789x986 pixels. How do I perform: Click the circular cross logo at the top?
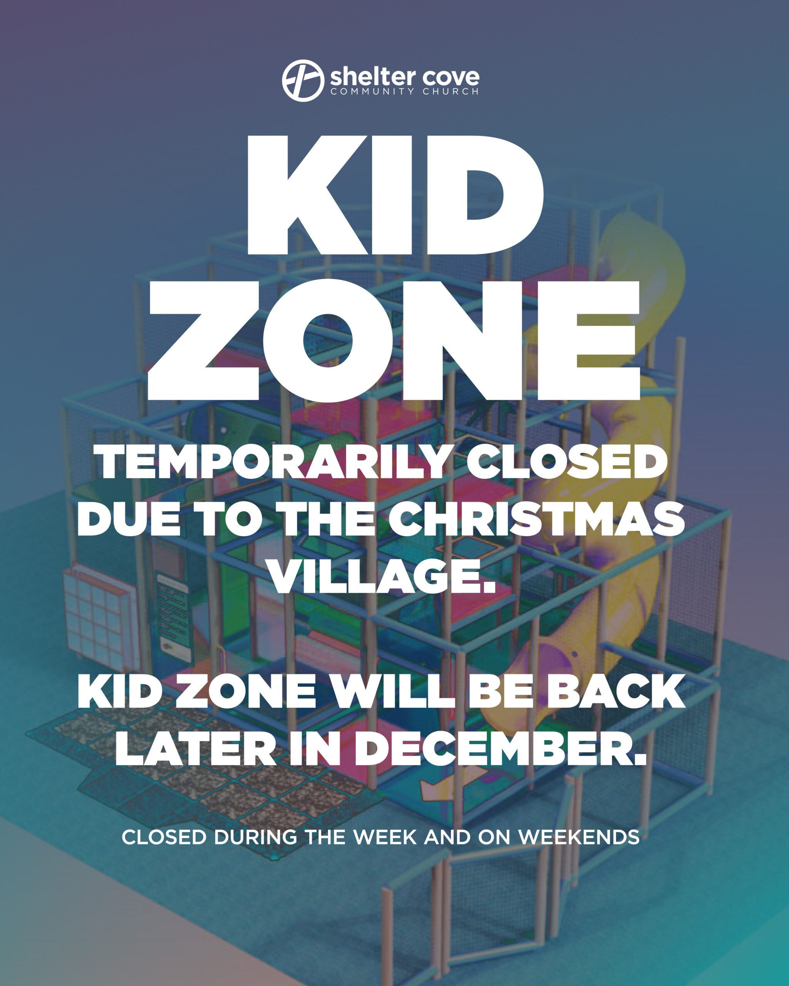pos(303,80)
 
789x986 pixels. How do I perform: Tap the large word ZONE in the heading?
pos(393,341)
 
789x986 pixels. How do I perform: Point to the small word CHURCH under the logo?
pos(451,91)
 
